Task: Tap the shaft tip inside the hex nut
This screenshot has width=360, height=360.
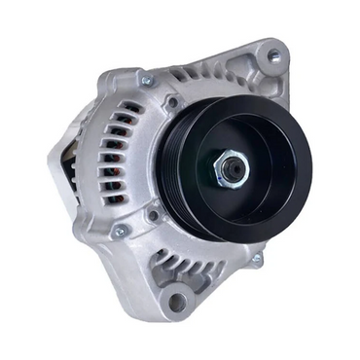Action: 234,167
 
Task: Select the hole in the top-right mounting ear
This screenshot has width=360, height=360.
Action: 273,56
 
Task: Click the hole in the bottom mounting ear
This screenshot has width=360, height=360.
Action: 177,302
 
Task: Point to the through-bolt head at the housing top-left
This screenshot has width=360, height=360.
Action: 147,81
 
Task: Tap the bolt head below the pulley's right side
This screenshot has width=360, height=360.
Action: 257,260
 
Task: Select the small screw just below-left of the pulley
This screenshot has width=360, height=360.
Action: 153,215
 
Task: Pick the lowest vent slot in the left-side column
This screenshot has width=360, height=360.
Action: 114,199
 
